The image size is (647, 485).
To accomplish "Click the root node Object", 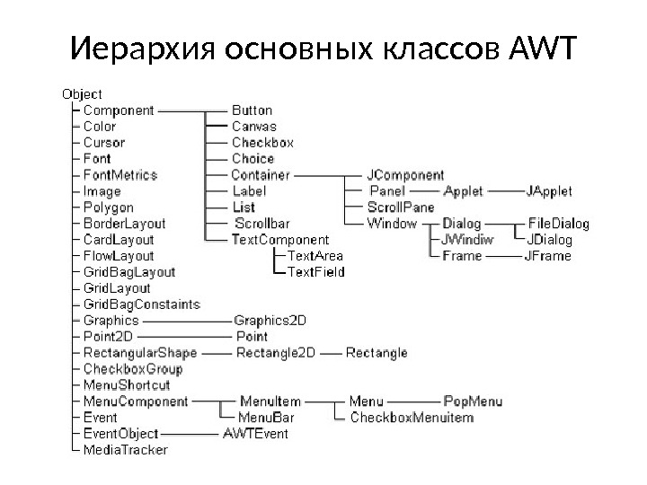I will pos(81,93).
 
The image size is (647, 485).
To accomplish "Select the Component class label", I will pos(119,110).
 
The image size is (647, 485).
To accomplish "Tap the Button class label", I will pos(252,110).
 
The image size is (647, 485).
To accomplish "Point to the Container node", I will pos(261,174).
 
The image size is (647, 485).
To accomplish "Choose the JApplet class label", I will pos(548,191).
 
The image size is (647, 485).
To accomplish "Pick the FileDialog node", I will pos(558,224).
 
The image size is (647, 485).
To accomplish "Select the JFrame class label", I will pos(547,256).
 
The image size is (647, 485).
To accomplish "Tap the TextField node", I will pos(315,272).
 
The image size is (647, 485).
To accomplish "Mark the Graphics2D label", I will pos(270,320).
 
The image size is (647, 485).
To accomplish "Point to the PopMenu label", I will pos(473,401).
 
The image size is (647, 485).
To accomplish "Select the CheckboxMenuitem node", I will pos(411,417).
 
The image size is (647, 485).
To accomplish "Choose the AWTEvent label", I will pos(255,433).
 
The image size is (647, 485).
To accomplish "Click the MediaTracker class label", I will pos(125,449).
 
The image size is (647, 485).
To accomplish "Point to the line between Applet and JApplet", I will pos(503,191).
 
